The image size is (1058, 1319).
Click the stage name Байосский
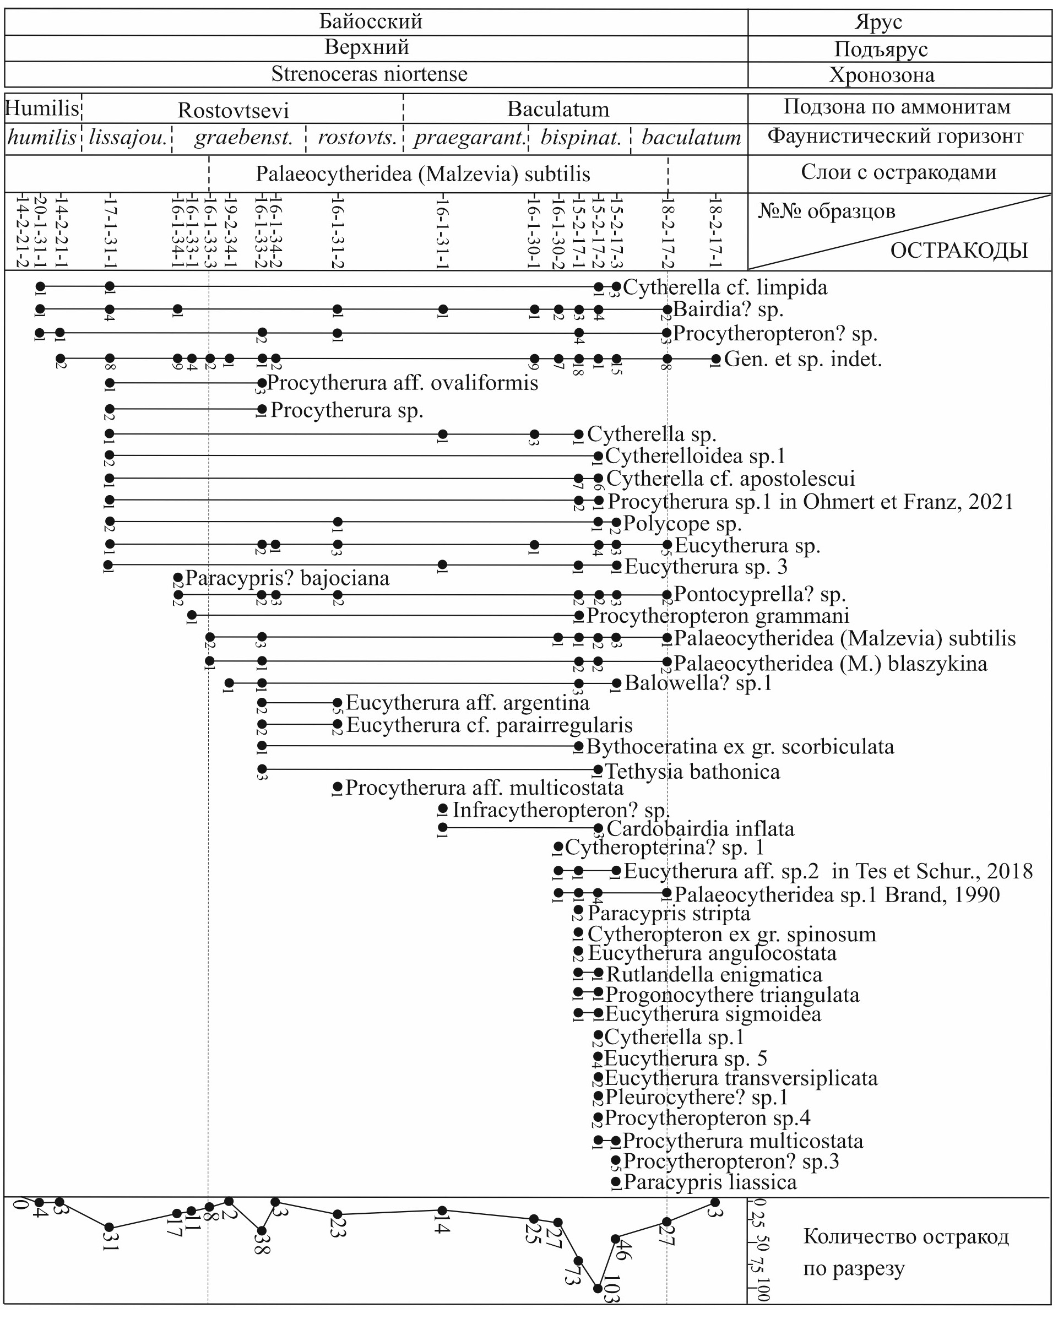click(370, 21)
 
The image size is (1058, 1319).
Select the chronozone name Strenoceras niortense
click(369, 74)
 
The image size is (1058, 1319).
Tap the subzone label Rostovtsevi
click(233, 110)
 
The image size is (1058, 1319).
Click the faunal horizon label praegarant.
click(468, 138)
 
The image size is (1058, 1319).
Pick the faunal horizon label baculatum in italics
click(691, 138)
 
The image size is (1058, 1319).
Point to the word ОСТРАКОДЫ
click(959, 251)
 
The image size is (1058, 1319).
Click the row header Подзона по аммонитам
click(897, 107)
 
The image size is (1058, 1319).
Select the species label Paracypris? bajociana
click(287, 578)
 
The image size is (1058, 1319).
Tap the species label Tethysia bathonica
click(692, 772)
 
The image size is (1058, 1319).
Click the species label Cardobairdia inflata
click(700, 829)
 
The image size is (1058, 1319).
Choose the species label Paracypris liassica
click(710, 1182)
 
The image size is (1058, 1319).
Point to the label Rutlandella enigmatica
click(713, 975)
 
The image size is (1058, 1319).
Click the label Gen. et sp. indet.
click(803, 359)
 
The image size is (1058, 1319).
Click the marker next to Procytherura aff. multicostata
click(337, 787)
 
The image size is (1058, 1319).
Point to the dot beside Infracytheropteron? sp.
click(443, 810)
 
